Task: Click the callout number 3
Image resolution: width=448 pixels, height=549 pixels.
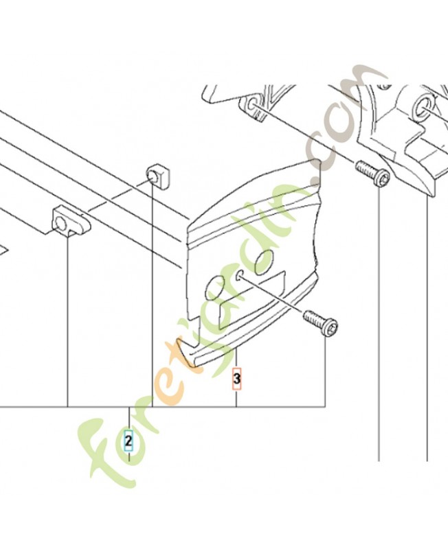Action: tap(237, 379)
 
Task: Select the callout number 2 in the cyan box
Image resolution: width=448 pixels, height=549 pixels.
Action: tap(129, 441)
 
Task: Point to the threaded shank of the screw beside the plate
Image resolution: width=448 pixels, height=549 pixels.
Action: tap(313, 318)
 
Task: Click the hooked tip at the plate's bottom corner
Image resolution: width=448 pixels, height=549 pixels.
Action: tap(184, 351)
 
